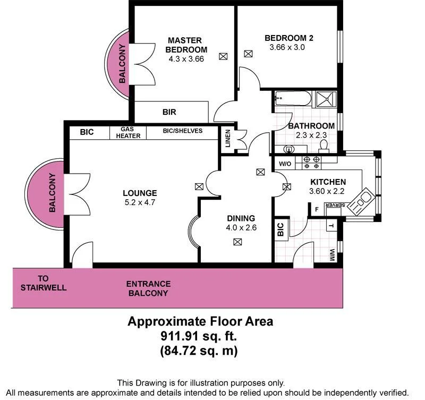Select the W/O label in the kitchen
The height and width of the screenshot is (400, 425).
[x=284, y=163]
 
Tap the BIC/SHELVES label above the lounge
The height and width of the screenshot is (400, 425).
[x=182, y=131]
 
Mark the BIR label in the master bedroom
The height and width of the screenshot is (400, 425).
[x=169, y=113]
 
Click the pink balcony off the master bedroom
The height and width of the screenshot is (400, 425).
[x=120, y=66]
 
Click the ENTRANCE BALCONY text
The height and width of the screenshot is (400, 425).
[x=148, y=288]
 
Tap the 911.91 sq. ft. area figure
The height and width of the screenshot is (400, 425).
[x=200, y=336]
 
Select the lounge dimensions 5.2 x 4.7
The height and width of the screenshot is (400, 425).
[x=140, y=202]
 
